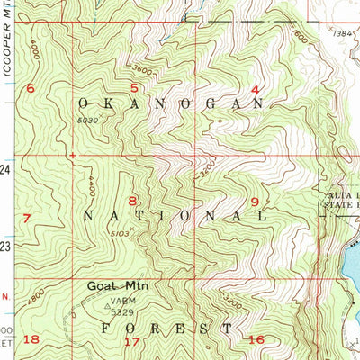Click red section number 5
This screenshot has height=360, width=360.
coord(134,87)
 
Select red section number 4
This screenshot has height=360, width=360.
coord(255,89)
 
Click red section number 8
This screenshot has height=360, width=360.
coord(132,200)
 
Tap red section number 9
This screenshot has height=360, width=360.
coord(255,202)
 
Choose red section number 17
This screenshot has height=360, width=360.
coord(132,341)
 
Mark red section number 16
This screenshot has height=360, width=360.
coord(256,339)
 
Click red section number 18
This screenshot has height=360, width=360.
coord(31,338)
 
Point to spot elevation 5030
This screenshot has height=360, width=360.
coord(87,120)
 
